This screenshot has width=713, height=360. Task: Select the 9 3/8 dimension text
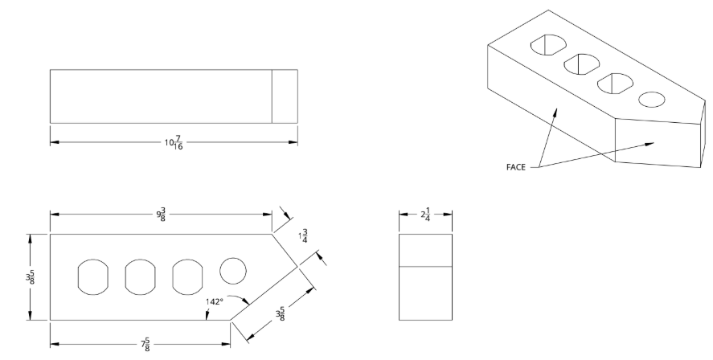[162, 215]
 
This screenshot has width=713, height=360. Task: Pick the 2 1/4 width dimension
[425, 215]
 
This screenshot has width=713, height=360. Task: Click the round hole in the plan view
[233, 270]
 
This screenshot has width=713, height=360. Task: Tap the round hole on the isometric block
[652, 100]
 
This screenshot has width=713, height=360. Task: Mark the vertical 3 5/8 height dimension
[29, 276]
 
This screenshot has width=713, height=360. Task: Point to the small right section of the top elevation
[284, 96]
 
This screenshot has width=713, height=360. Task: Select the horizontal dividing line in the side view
[425, 266]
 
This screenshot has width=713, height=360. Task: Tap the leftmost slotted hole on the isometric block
[546, 45]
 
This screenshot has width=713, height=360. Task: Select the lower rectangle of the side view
[425, 292]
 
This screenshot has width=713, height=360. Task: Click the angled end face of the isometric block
[658, 141]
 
